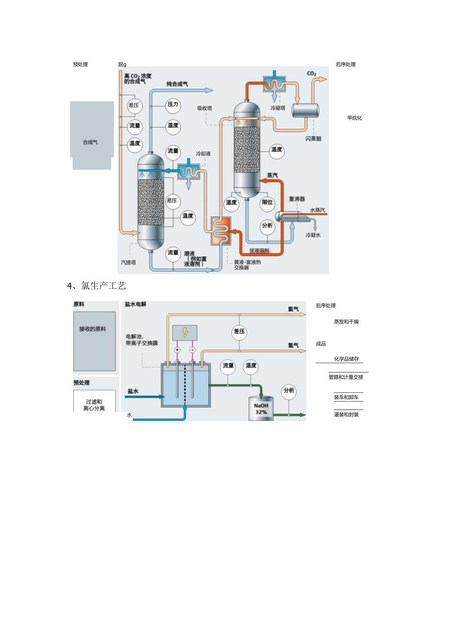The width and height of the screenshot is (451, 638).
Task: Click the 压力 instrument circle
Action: (173, 105)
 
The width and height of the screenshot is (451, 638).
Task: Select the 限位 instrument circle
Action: (268, 203)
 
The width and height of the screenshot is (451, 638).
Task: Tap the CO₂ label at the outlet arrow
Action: (312, 74)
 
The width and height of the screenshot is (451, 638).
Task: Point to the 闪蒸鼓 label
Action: (314, 139)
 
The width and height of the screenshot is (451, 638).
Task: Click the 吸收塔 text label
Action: (204, 108)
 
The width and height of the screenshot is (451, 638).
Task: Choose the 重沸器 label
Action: (297, 199)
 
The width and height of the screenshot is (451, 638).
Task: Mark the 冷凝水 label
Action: (313, 235)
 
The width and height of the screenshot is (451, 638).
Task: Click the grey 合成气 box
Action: (92, 135)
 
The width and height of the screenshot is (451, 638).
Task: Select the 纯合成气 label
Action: (177, 84)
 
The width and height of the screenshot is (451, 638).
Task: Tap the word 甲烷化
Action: (354, 118)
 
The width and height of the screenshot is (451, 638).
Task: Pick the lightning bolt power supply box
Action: (185, 332)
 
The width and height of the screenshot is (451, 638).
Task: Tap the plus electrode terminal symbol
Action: (177, 350)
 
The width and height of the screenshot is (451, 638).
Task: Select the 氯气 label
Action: (293, 309)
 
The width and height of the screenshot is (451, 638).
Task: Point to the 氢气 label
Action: (293, 345)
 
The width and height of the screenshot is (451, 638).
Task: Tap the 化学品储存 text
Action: (347, 359)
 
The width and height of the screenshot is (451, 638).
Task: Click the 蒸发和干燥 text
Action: (346, 322)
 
